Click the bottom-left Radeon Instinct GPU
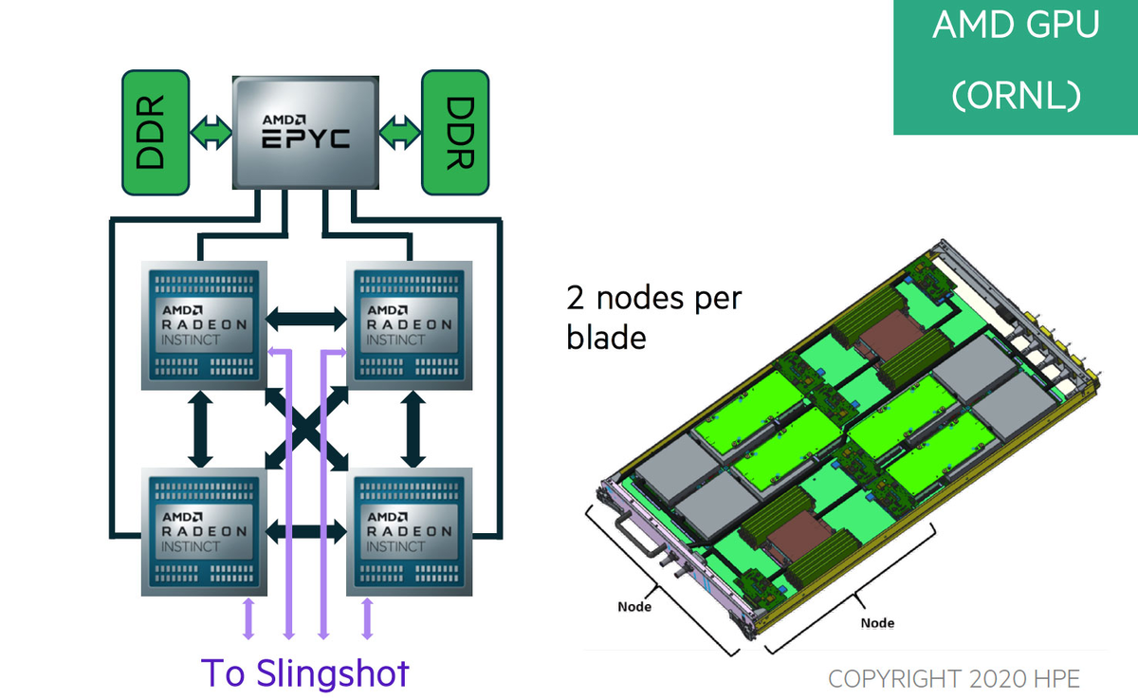203,531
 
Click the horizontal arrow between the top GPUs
305,319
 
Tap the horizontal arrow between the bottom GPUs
305,530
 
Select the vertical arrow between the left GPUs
200,429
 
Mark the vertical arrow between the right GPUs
413,429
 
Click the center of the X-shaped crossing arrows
305,429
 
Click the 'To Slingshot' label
305,672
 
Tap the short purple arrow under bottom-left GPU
249,617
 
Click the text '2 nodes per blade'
653,317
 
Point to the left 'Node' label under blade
633,606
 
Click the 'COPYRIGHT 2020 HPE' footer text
953,678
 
